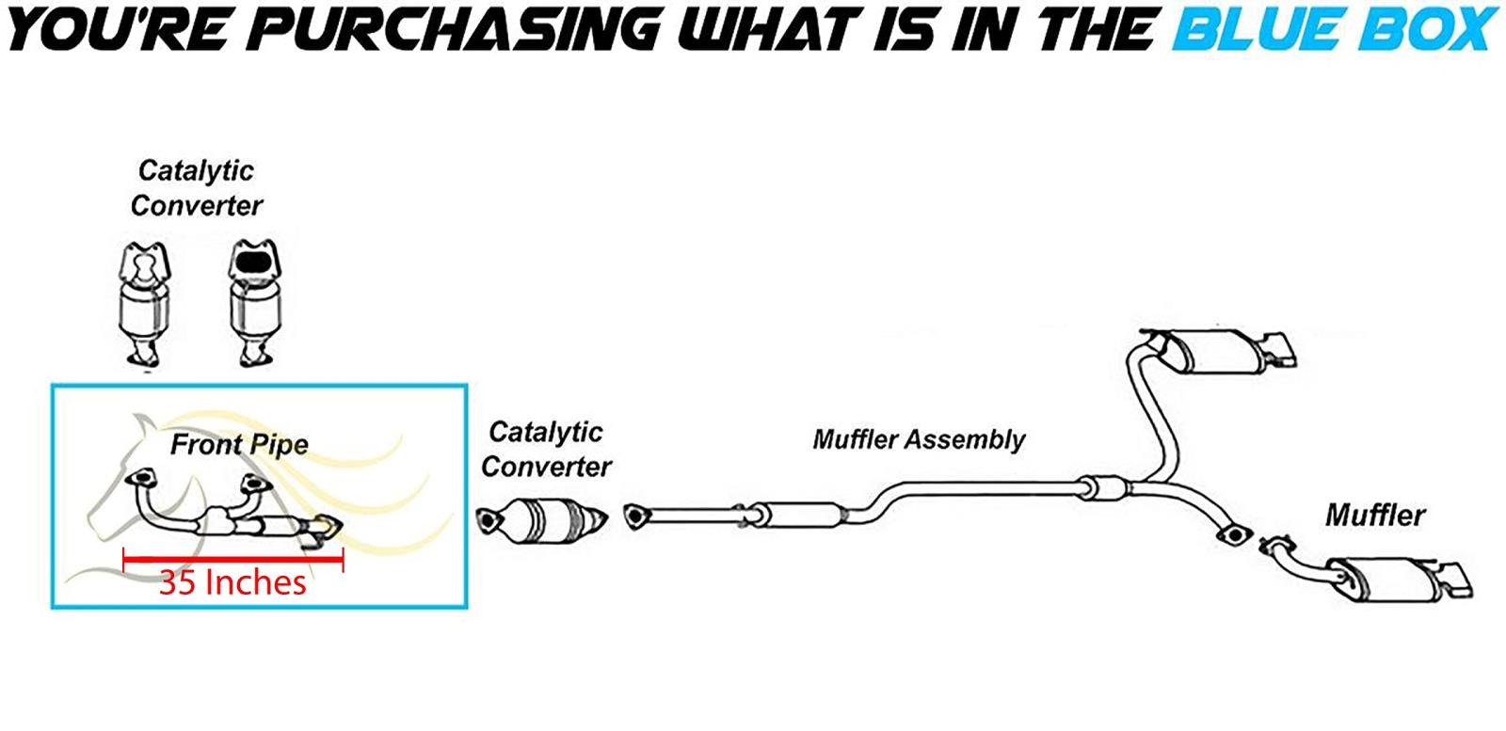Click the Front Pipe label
(239, 444)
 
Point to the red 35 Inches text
(232, 582)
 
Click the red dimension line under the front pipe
(233, 560)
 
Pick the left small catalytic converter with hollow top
(145, 301)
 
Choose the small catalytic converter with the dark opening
(254, 301)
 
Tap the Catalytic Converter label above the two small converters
(196, 188)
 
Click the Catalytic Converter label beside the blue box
(546, 449)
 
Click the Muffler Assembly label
(919, 439)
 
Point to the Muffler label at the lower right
(1374, 516)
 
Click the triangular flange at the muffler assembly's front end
(636, 516)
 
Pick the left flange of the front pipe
(142, 479)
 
